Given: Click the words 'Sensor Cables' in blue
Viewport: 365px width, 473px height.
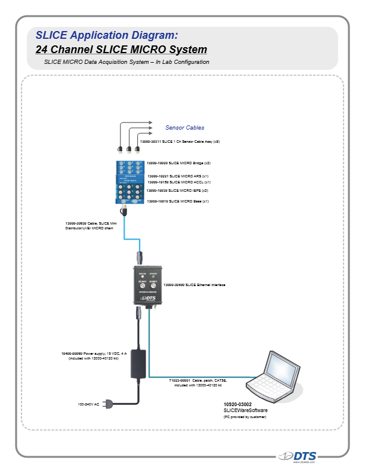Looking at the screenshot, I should (185, 127).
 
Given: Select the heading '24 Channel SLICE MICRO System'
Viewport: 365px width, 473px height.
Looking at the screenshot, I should (121, 49).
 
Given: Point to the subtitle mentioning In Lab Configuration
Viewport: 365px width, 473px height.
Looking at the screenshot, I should (126, 62).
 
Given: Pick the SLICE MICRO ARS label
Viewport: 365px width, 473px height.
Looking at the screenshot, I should (178, 176).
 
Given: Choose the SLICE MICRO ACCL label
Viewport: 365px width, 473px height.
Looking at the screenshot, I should (179, 182).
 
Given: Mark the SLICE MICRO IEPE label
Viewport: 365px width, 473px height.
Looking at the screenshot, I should (177, 191).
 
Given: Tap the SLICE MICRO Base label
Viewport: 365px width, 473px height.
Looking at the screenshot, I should (177, 202).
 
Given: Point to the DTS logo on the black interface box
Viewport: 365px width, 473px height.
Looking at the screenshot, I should (148, 297).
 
